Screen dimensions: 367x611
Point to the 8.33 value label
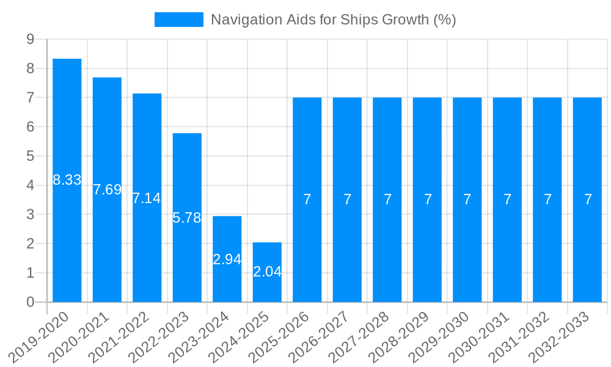[67, 180]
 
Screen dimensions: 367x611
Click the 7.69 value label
[108, 190]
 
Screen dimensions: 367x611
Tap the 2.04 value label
[267, 272]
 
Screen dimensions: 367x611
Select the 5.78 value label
[187, 218]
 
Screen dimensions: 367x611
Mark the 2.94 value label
[227, 259]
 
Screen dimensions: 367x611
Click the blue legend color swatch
[178, 20]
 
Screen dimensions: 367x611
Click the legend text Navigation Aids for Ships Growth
[333, 20]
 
